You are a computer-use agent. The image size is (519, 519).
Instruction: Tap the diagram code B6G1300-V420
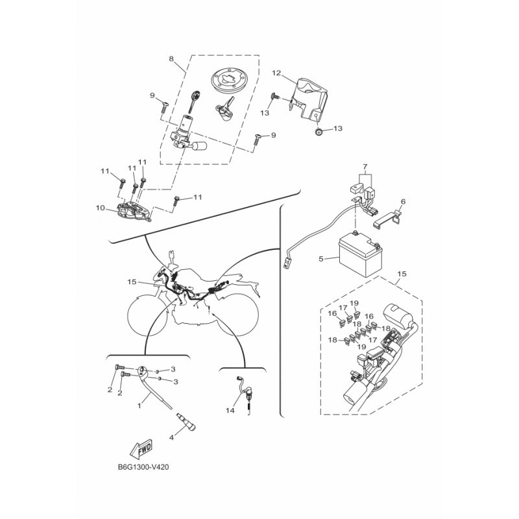click(x=143, y=467)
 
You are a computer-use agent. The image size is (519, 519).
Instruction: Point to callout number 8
click(x=171, y=59)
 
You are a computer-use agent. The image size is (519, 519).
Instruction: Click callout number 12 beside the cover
click(x=276, y=73)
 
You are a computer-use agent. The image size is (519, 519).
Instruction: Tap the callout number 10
click(x=101, y=208)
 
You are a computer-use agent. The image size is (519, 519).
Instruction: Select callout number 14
click(x=230, y=411)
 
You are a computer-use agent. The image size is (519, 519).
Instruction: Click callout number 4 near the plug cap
click(x=171, y=437)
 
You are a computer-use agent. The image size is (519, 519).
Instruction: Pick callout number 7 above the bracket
click(x=365, y=166)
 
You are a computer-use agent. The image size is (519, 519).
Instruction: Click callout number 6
click(x=403, y=202)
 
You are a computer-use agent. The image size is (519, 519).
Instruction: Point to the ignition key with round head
click(x=195, y=102)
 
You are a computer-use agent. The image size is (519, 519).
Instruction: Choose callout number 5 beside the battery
click(x=320, y=258)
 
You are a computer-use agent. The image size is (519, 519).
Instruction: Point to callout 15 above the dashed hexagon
click(x=402, y=274)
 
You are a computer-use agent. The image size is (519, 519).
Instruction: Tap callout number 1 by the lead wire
click(x=139, y=405)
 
